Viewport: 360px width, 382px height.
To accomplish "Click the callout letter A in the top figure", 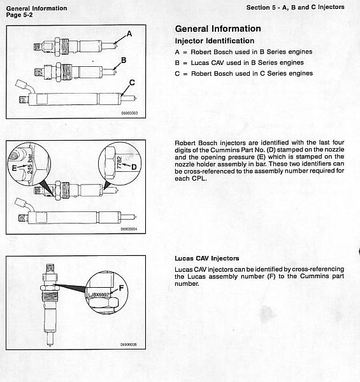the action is tap(129, 34).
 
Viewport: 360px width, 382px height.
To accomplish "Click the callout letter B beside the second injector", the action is tap(124, 60).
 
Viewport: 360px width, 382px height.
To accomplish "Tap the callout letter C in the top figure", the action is tap(132, 83).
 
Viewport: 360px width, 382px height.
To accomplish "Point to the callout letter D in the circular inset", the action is tap(134, 167).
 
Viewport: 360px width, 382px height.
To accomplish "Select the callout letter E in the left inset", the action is tap(15, 168).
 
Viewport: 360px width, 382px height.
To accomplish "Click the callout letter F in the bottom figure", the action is tap(121, 288).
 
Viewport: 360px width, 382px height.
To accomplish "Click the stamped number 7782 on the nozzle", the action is tap(119, 162).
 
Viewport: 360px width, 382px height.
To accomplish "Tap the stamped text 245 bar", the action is tap(30, 164).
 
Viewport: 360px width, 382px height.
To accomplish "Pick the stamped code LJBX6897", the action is tap(99, 295).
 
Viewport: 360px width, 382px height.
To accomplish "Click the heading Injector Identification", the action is tap(215, 41).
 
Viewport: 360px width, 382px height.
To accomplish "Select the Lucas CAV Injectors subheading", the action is tap(207, 258).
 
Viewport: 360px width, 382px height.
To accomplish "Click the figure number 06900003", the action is tap(129, 113).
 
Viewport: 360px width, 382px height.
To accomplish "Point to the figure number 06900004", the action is tap(129, 229).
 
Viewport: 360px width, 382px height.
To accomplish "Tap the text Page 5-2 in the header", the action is tap(19, 15).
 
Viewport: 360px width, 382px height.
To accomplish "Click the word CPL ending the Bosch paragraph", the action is tap(199, 178).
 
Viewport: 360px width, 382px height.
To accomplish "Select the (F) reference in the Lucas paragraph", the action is tap(271, 276).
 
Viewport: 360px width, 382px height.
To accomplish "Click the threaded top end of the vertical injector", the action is tap(50, 269).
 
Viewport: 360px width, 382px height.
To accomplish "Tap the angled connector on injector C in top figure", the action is tap(24, 87).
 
